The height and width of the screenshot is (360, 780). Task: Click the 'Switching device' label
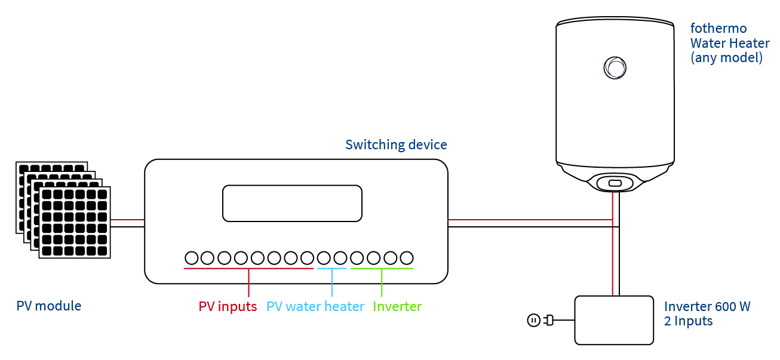click(x=396, y=145)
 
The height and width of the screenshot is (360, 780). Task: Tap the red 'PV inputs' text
click(x=228, y=307)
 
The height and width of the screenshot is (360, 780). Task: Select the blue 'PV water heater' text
click(x=315, y=307)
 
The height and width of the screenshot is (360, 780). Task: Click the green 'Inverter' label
click(x=397, y=307)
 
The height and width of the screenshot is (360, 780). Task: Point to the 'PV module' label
click(x=49, y=306)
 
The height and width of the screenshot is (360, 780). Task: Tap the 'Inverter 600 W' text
click(x=707, y=307)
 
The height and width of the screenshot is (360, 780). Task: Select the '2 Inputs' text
click(x=689, y=321)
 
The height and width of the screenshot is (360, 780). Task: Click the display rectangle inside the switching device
click(x=292, y=203)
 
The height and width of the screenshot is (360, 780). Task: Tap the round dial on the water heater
click(x=615, y=67)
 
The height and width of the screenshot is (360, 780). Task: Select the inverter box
click(x=613, y=321)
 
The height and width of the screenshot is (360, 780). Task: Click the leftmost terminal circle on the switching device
click(x=191, y=258)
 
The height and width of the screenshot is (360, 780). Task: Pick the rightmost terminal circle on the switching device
click(x=407, y=258)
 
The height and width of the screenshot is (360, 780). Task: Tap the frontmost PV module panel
click(x=75, y=222)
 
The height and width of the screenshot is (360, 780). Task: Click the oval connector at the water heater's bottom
click(x=615, y=183)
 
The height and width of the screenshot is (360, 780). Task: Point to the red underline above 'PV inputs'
click(x=248, y=269)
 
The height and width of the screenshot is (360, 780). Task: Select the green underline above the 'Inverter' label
click(x=382, y=269)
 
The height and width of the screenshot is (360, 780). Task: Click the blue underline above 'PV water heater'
click(x=331, y=269)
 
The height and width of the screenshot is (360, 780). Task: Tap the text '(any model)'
click(x=726, y=59)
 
